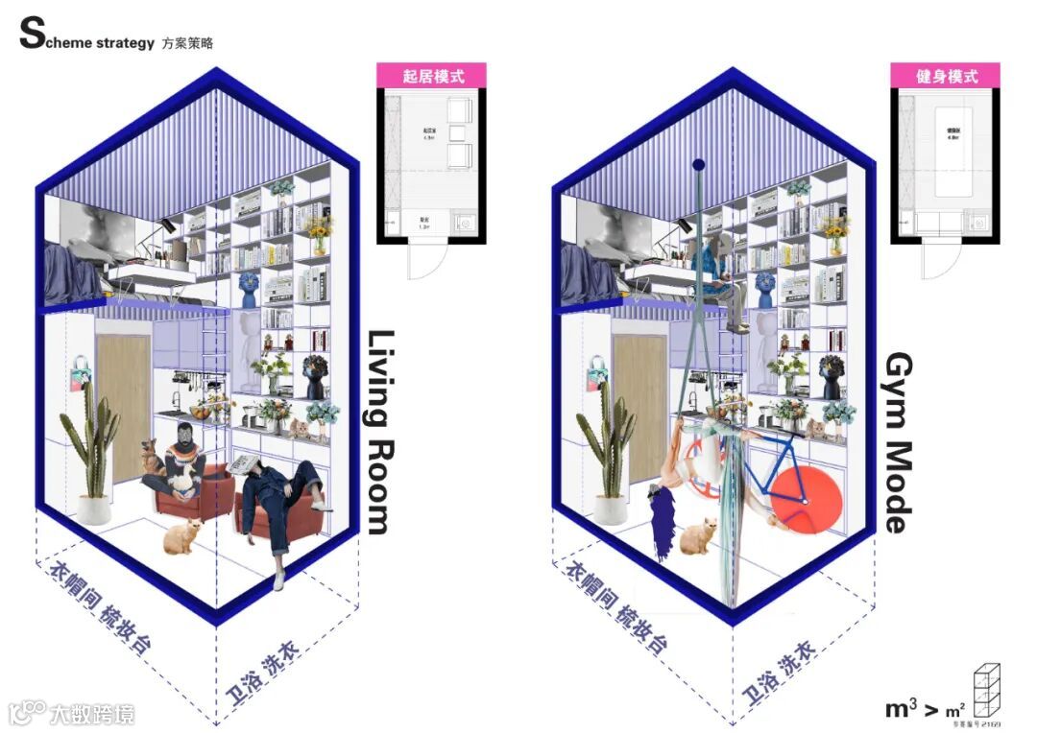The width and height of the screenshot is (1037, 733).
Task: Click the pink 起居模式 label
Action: click(x=431, y=76)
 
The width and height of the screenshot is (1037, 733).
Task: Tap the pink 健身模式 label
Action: click(x=945, y=76)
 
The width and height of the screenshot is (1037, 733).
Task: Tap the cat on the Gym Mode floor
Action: click(x=699, y=537)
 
